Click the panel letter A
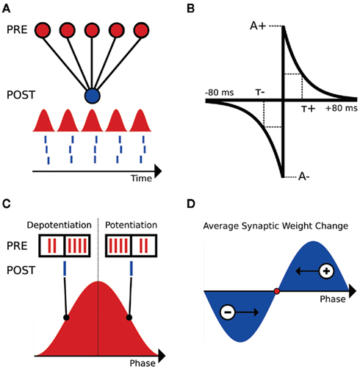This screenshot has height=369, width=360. point(8,8)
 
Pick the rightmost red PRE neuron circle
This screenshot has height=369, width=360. point(137,32)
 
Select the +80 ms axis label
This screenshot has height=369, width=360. point(339,108)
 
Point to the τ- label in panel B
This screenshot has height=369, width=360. point(260,93)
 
